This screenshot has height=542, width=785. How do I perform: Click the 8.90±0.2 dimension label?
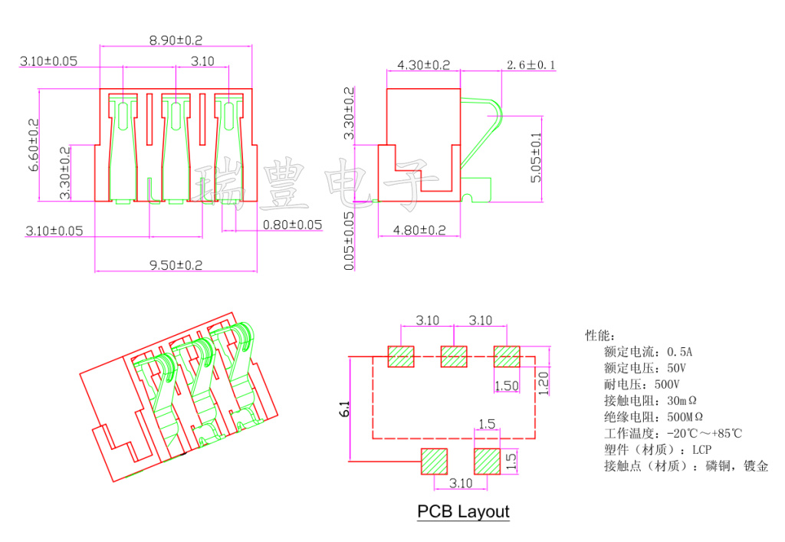(x=176, y=40)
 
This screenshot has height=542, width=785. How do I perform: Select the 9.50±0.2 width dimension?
(x=176, y=265)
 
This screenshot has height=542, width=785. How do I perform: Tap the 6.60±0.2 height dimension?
(x=33, y=144)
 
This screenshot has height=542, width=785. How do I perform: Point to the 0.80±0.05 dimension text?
(x=292, y=225)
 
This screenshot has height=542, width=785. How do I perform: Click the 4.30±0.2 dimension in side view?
(x=423, y=65)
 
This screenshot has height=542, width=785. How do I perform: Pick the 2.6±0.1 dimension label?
(x=531, y=65)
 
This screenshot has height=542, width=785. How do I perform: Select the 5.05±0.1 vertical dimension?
(x=536, y=157)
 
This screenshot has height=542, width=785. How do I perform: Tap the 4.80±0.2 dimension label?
(x=419, y=229)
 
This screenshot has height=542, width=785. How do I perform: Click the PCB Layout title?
(x=463, y=511)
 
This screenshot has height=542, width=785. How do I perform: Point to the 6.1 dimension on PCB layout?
(x=346, y=409)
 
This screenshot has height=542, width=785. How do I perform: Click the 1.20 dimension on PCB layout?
(x=544, y=383)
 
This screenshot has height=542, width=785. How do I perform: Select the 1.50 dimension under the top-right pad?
(x=507, y=386)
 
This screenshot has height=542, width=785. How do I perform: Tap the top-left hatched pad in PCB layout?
(x=401, y=356)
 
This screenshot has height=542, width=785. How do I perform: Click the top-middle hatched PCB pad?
(x=454, y=356)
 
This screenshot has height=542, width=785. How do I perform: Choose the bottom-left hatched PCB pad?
(x=435, y=462)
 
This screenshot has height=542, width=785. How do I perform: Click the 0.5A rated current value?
(x=679, y=352)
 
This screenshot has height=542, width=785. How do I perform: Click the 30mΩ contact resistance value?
(x=682, y=400)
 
